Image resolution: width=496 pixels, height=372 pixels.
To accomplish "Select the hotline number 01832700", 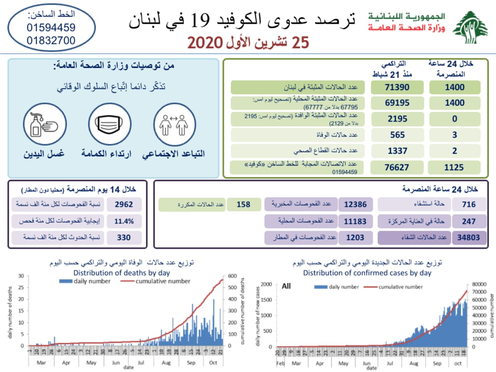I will [51, 41].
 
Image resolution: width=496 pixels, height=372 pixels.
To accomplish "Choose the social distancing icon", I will [174, 124].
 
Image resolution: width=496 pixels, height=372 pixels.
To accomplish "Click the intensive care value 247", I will [469, 221].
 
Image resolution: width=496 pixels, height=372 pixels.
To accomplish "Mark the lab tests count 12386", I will [355, 204].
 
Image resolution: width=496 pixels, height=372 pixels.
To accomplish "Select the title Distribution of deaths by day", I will [122, 273].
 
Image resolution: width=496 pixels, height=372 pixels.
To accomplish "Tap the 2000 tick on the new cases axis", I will [267, 284].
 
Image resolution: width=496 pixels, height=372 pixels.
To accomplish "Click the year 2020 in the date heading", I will [205, 43].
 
